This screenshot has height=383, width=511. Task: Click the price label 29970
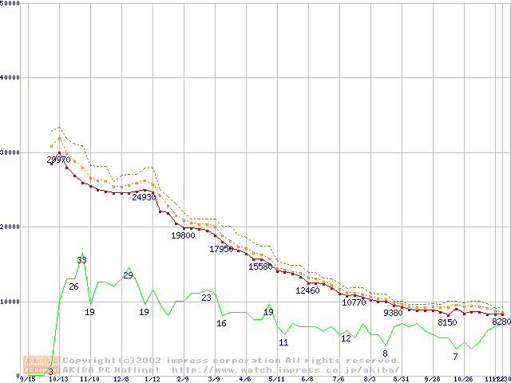[x=58, y=160]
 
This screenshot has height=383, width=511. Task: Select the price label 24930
[x=144, y=197]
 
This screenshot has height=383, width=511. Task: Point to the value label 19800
[x=183, y=235]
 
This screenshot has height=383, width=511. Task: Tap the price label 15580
[x=260, y=267]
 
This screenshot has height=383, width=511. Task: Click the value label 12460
[x=307, y=290]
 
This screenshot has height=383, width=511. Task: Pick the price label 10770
[x=354, y=302]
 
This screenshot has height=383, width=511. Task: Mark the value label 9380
[x=393, y=314]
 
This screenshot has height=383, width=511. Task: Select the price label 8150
[x=447, y=322]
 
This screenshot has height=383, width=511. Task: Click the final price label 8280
[x=501, y=322]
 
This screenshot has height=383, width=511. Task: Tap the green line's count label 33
[x=81, y=260]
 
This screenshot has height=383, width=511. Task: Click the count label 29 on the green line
[x=128, y=275]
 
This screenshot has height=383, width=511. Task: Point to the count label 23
[x=206, y=298]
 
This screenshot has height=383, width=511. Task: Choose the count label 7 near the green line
[x=455, y=357]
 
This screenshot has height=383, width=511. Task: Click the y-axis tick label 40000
[x=11, y=77]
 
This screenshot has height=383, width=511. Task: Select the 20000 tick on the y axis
[x=11, y=227]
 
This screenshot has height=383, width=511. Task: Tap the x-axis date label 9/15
[x=27, y=379]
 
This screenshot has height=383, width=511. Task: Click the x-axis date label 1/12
[x=152, y=379]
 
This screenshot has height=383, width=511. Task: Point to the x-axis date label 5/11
[x=277, y=379]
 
